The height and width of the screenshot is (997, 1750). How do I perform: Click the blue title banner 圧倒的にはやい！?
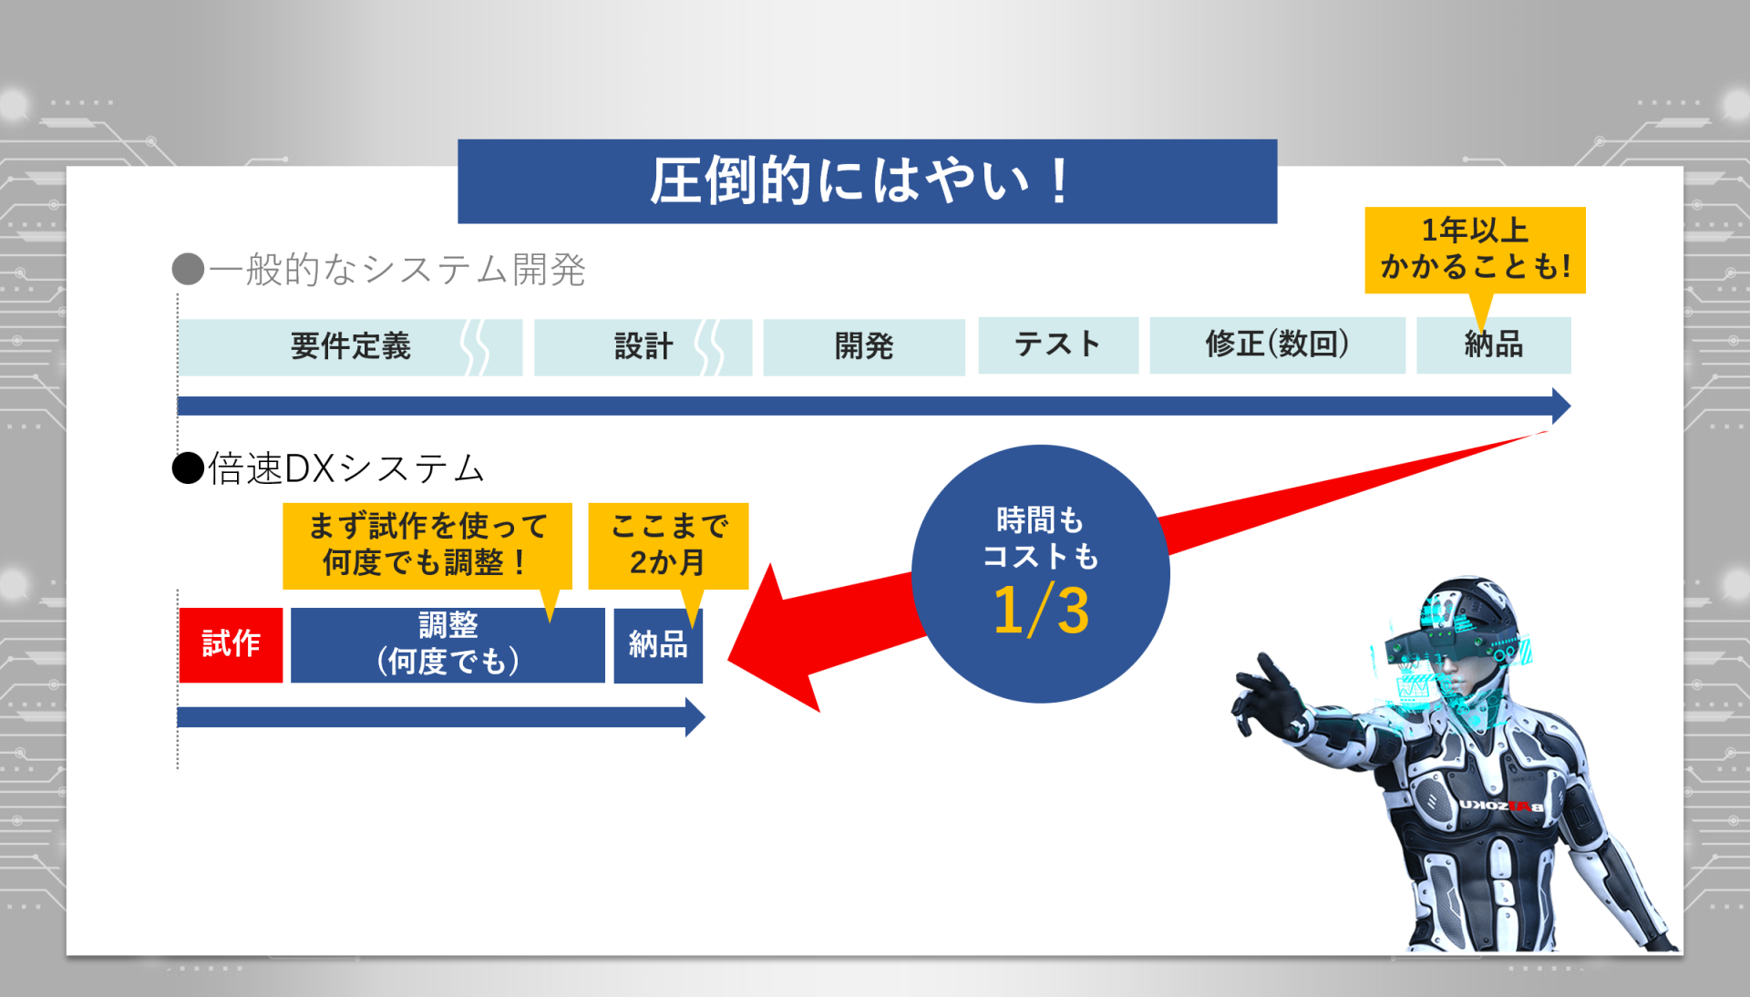tap(867, 180)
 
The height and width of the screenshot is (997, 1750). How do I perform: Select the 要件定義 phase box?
tap(350, 347)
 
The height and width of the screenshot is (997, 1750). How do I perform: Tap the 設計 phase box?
tap(643, 347)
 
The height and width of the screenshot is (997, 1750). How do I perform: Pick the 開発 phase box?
tap(864, 347)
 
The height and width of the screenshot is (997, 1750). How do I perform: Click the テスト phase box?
tap(1058, 345)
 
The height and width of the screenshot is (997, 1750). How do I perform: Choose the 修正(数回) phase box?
tap(1277, 345)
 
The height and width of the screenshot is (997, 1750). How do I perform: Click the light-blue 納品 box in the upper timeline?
tap(1494, 345)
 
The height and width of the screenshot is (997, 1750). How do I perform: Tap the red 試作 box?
tap(231, 644)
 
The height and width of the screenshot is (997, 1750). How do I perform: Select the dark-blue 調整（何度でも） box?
tap(448, 644)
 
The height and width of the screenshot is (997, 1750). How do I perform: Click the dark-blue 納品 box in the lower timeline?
tap(658, 645)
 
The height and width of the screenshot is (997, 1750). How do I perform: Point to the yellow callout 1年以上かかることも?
tap(1475, 250)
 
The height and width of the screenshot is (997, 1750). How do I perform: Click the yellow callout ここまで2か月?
tap(668, 545)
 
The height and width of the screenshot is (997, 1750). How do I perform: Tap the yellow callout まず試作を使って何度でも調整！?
tap(427, 545)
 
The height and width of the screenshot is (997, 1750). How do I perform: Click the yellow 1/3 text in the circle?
tap(1041, 610)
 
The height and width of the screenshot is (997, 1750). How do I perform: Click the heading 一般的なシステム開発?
tap(397, 270)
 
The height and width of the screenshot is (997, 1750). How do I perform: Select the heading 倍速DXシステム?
tap(346, 468)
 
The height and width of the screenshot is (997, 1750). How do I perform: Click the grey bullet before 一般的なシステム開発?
tap(188, 269)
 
